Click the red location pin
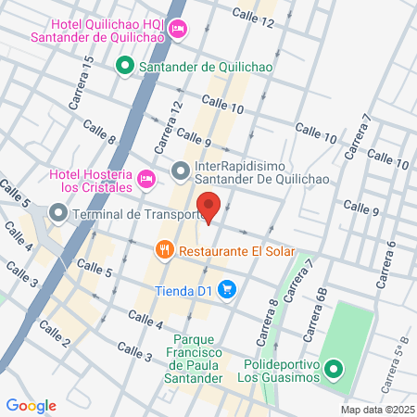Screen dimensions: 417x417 point(208,207)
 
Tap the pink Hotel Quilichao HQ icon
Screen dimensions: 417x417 point(179,29)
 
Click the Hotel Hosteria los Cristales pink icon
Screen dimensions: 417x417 point(145,178)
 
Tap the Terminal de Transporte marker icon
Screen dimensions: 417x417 point(58,214)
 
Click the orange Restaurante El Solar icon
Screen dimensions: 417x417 point(164,250)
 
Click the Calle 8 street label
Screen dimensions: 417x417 point(99,132)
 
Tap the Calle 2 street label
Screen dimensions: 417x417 point(55,343)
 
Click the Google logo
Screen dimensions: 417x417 point(31,405)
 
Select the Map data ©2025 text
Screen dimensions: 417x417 point(377,409)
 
